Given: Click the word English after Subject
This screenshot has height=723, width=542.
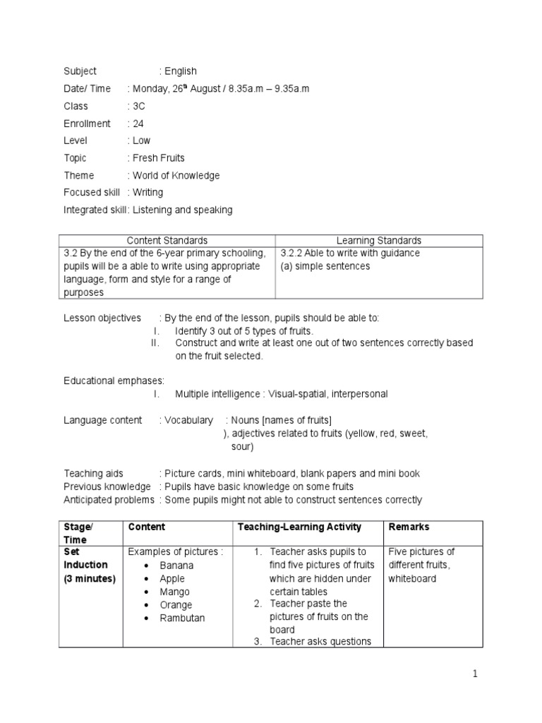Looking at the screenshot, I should (181, 71).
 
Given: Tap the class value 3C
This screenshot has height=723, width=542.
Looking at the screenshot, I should (139, 106).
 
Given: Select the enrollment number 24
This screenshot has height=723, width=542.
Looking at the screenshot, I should (138, 124).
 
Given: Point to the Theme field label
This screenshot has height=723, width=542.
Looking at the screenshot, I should (78, 175).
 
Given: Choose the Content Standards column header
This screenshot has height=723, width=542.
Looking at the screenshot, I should (167, 241).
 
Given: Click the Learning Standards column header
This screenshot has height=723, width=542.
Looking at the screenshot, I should (379, 241).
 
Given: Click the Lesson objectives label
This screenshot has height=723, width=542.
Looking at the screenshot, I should (102, 318).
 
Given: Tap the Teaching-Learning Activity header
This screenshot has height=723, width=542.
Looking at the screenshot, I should (299, 527).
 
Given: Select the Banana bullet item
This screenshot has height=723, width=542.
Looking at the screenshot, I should (176, 566).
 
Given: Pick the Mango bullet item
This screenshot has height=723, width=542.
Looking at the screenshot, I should (174, 592).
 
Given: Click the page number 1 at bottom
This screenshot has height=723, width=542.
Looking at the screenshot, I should (475, 674).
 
